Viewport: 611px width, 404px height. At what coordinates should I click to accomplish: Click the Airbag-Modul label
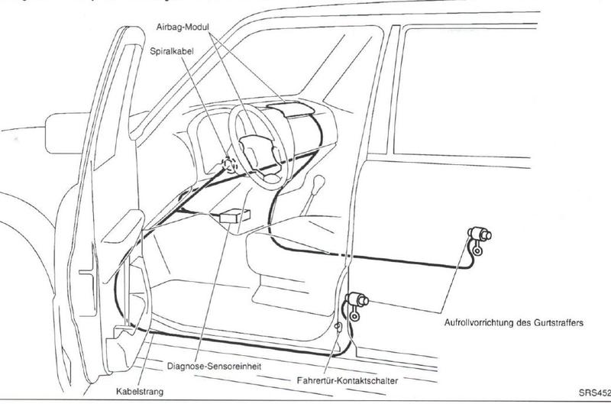point(183,26)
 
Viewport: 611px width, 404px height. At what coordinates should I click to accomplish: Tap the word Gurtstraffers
point(561,323)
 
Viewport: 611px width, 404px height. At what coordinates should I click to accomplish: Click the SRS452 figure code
point(593,393)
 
